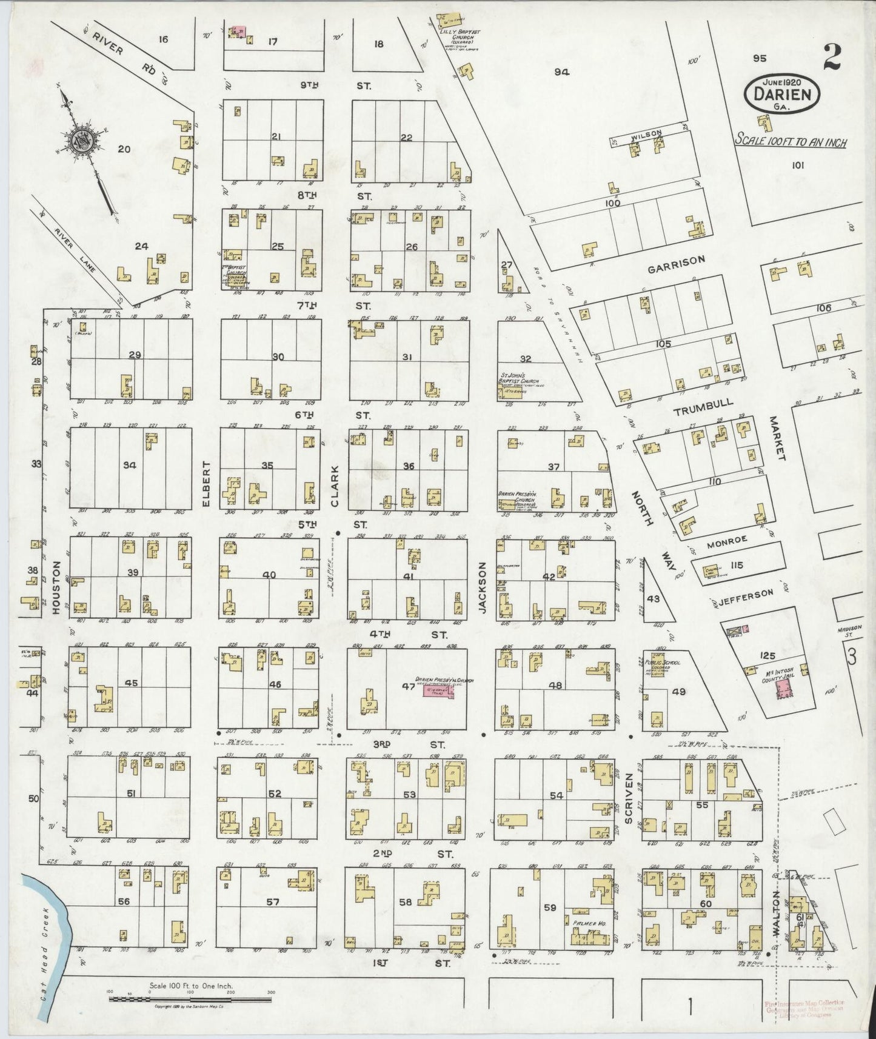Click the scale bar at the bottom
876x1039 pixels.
(190, 998)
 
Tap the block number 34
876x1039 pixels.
(129, 466)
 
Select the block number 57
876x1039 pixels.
(273, 902)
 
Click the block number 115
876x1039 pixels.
(737, 566)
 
